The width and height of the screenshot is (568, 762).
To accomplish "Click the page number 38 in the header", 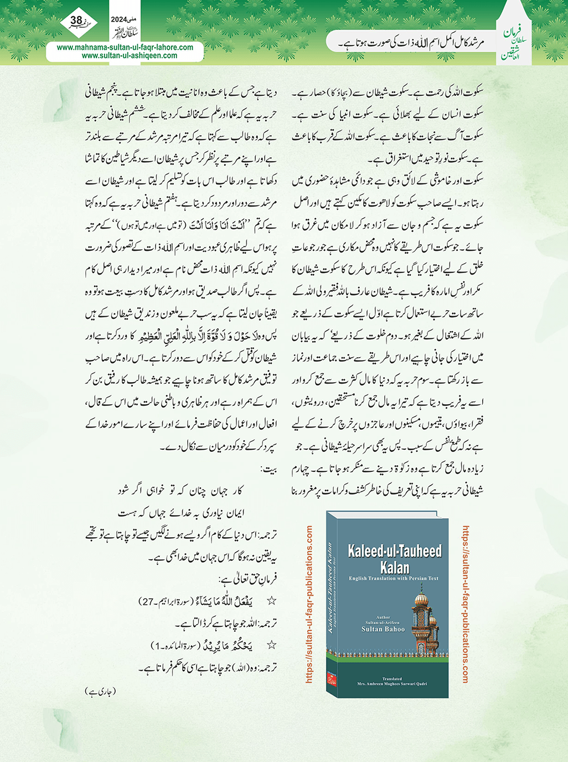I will pos(76,21).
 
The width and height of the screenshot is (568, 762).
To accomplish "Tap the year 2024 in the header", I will pos(118,19).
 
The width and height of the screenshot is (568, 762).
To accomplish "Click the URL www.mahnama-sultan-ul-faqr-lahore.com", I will pos(125,48).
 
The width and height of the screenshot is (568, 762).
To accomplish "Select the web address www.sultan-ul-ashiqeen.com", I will pos(130,55).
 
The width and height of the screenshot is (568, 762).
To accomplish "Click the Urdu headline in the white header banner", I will pos(412,42).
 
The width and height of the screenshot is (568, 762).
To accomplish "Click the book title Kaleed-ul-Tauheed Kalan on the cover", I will pos(394,558).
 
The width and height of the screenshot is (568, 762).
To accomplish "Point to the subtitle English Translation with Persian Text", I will pos(393,578).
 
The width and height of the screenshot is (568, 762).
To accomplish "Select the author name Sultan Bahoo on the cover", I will pos(383,629).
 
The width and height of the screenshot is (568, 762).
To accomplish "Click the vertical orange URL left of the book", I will pos(309,604).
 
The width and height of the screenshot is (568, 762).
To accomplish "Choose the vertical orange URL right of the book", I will pos(464,604).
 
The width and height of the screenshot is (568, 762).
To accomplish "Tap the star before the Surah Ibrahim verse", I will pos(272,600).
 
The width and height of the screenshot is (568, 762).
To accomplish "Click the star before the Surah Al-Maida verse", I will pos(272,645).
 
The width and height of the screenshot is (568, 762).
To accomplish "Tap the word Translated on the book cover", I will pos(392,678).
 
